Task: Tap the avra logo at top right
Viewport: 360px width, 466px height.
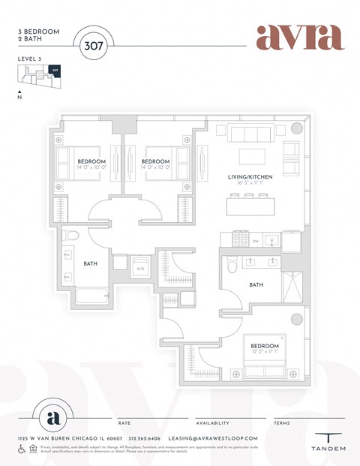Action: [x=299, y=37]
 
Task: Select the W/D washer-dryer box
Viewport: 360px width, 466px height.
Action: [x=140, y=266]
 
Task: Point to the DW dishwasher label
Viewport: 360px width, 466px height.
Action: [x=255, y=241]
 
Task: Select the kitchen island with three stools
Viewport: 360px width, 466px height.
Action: [x=250, y=204]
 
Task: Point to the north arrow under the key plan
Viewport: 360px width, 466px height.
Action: [x=20, y=92]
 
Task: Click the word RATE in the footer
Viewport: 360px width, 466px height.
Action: [x=124, y=423]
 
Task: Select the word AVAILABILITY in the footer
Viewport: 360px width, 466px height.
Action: [x=212, y=423]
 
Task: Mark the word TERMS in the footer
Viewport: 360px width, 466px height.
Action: [x=282, y=423]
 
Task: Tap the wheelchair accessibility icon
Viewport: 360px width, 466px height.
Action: [x=22, y=449]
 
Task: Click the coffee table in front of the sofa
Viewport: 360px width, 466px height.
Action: [x=252, y=156]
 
